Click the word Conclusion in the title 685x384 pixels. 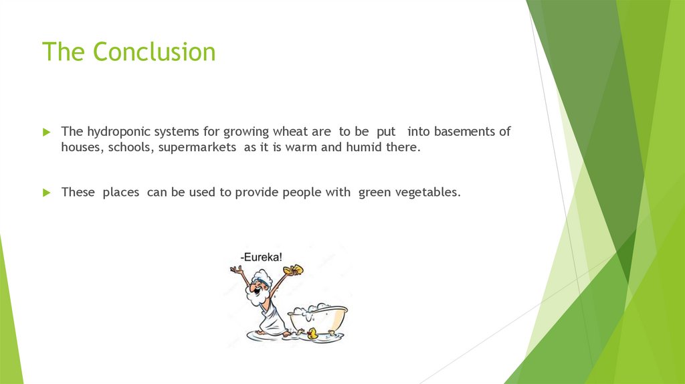[x=155, y=52]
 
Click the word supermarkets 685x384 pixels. [x=197, y=148]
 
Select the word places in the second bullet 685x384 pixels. [x=120, y=193]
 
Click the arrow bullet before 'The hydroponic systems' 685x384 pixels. [x=47, y=132]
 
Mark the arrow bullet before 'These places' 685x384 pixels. [x=47, y=193]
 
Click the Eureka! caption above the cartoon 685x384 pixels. [x=262, y=257]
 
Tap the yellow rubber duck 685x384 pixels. [x=312, y=333]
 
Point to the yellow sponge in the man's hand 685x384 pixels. [x=293, y=270]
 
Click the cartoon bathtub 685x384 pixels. [x=318, y=318]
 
